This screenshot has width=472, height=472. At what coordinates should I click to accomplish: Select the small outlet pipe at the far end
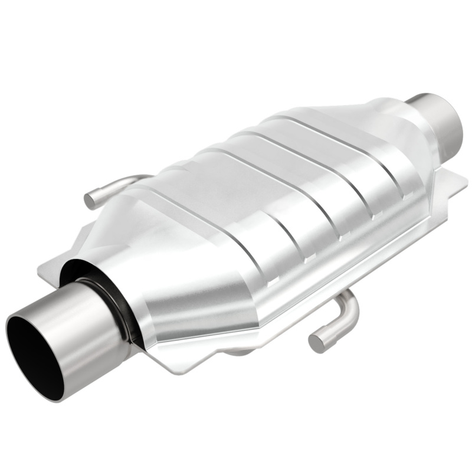coord(440,118)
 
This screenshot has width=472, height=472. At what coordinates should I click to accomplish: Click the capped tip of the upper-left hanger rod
coord(90,200)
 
